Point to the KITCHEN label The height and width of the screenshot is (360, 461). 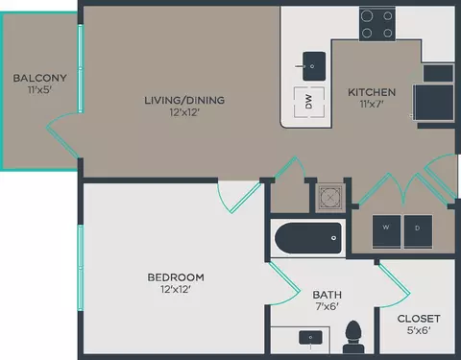pyautogui.click(x=372, y=92)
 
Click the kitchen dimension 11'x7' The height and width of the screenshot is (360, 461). pyautogui.click(x=372, y=106)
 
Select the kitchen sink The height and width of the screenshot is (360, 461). pyautogui.click(x=312, y=67)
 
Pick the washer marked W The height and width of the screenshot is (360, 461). pyautogui.click(x=386, y=228)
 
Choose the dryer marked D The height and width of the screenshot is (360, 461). pyautogui.click(x=418, y=228)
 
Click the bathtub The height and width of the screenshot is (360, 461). pyautogui.click(x=307, y=238)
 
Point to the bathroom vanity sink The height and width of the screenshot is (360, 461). pyautogui.click(x=311, y=337)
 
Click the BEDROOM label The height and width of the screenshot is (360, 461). pyautogui.click(x=175, y=277)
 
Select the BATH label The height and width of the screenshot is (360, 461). pyautogui.click(x=328, y=295)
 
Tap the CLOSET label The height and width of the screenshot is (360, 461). pyautogui.click(x=418, y=318)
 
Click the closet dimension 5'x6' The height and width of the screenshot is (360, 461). pyautogui.click(x=418, y=331)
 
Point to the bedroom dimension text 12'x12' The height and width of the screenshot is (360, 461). pyautogui.click(x=175, y=291)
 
